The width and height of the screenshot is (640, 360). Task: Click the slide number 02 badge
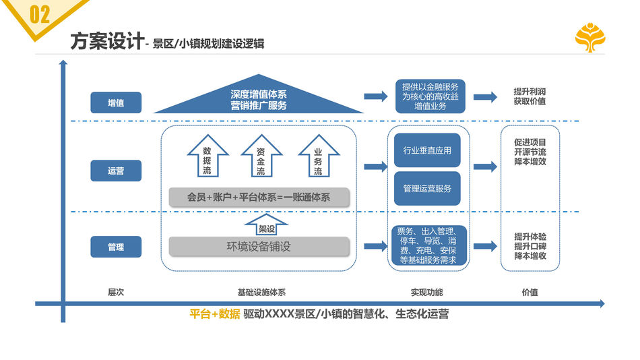(x=39, y=14)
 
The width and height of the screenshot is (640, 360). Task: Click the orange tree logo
(x=589, y=38)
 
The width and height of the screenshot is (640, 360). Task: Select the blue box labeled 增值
(x=116, y=102)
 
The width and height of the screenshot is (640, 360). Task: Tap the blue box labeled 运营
(x=116, y=171)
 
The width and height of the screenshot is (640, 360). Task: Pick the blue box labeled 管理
(x=116, y=247)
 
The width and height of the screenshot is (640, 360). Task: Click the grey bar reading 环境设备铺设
(x=259, y=247)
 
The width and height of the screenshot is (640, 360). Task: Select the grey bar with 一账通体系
(x=259, y=198)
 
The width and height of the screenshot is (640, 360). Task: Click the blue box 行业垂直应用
(x=426, y=150)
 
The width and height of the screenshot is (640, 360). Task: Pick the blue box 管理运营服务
(x=426, y=189)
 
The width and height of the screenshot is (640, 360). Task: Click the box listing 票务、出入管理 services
(x=427, y=245)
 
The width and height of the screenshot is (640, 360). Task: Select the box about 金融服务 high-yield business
(x=430, y=96)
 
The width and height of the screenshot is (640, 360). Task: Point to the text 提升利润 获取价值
(x=530, y=96)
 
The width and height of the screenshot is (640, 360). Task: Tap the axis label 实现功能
(x=427, y=293)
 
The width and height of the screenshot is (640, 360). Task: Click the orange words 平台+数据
(x=214, y=314)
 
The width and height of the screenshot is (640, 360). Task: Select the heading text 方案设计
(x=106, y=42)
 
